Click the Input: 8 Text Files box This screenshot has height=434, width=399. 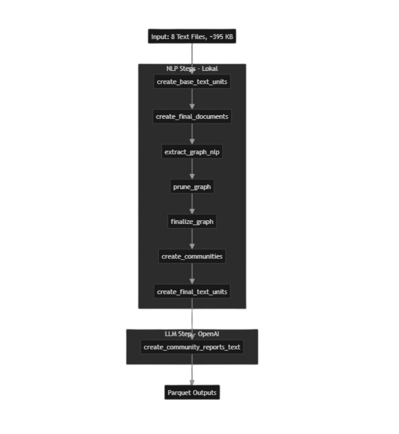point(192,36)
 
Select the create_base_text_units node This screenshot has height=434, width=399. point(192,82)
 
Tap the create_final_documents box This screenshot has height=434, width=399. point(192,117)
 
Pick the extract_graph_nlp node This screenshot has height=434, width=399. point(192,151)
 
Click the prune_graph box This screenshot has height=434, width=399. point(192,187)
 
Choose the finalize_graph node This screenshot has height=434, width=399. point(192,221)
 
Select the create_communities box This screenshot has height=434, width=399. point(192,256)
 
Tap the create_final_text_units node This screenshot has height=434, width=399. point(192,292)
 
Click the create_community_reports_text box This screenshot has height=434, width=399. point(192,347)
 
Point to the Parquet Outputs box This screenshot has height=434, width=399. point(192,393)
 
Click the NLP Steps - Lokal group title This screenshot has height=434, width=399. point(192,69)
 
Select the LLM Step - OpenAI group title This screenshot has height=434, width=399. point(192,334)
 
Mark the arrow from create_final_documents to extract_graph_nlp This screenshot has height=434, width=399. point(192,134)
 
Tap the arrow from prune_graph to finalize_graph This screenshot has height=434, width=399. point(192,204)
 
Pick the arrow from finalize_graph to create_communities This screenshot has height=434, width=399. point(192,239)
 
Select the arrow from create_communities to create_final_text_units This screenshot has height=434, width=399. point(192,274)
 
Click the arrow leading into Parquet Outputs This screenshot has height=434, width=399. point(192,370)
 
